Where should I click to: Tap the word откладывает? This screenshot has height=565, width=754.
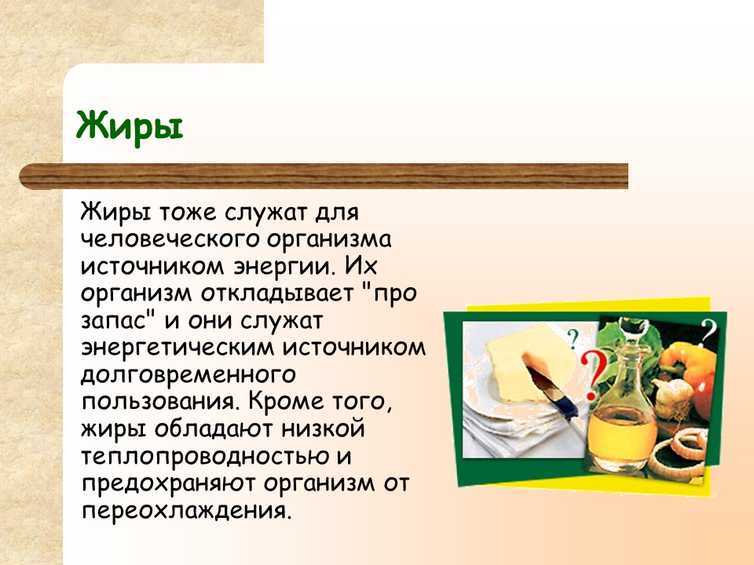[277, 293]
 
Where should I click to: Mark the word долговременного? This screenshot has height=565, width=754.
[188, 375]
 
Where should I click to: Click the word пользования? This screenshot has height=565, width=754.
[160, 401]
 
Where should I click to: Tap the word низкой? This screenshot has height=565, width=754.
[323, 428]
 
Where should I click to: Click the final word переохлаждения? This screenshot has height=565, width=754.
[187, 510]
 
